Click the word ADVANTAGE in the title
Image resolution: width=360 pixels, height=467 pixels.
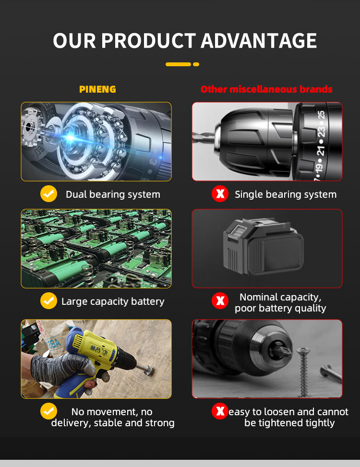tap(259, 41)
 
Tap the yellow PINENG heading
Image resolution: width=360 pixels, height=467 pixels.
tap(97, 89)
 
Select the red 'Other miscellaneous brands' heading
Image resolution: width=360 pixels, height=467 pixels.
tap(266, 89)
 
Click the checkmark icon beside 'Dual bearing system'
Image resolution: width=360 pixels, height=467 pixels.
tap(48, 194)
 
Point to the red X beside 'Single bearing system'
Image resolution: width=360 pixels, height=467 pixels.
tap(220, 194)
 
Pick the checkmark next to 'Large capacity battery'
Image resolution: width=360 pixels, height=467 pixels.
tap(48, 301)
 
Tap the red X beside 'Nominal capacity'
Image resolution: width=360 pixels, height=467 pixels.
tap(220, 301)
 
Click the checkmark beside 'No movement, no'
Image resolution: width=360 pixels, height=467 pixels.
tap(48, 411)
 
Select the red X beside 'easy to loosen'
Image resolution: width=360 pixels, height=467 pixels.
tap(220, 411)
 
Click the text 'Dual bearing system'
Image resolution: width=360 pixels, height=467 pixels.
tap(113, 194)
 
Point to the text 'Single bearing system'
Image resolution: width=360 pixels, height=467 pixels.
tap(286, 194)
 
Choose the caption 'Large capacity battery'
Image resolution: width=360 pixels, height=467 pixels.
tap(113, 301)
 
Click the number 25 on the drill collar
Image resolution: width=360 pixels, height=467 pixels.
tap(321, 116)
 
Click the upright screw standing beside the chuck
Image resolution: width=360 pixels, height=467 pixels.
tap(303, 370)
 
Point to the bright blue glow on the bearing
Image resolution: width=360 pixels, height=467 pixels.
tap(71, 138)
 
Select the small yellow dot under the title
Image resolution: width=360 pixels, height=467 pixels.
tap(196, 64)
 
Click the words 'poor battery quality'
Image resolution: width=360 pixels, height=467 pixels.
tap(280, 308)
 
